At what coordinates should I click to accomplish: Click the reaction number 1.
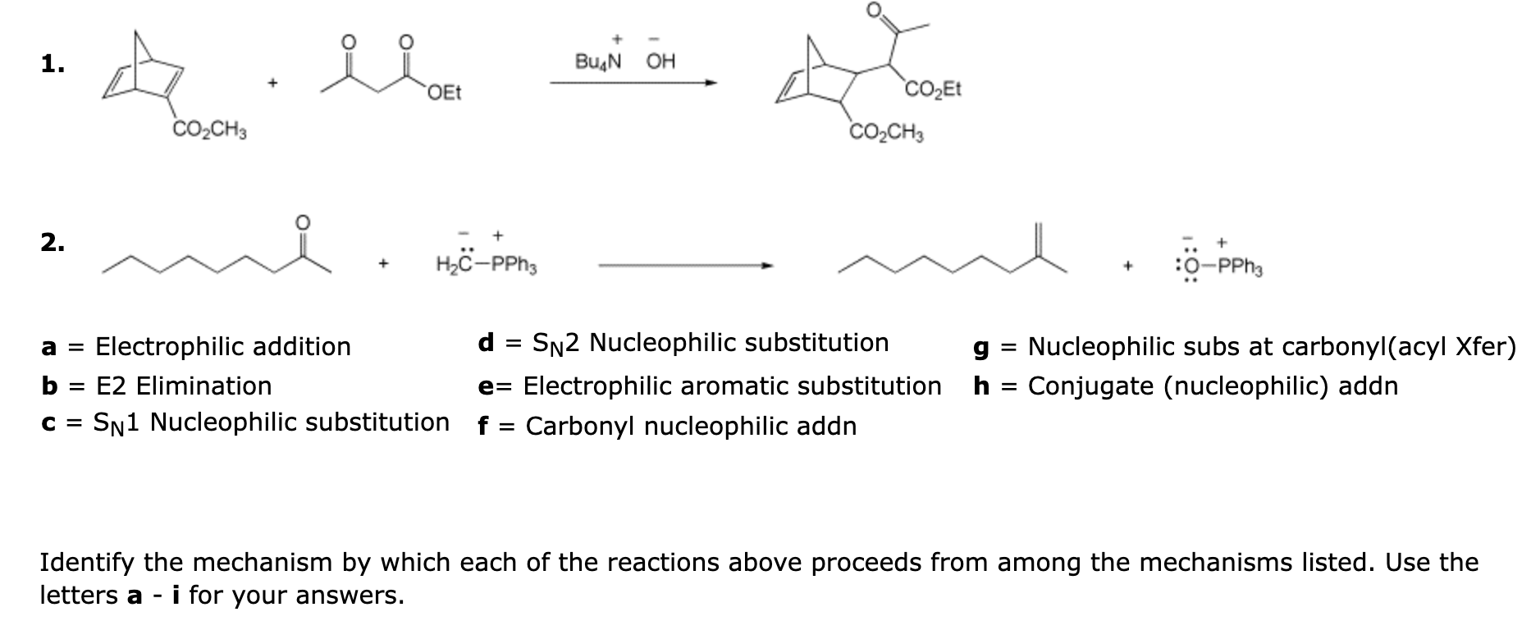53,65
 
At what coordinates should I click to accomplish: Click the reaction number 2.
53,244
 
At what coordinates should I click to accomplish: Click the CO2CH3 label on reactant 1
209,130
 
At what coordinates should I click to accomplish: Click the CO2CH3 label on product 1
886,131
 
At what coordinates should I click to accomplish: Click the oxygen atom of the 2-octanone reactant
303,221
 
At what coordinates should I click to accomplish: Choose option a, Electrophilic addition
197,347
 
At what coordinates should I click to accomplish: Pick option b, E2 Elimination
157,386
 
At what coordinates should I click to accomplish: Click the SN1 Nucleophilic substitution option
245,422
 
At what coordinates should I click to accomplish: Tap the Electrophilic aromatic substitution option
710,386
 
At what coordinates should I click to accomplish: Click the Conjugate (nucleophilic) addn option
1186,386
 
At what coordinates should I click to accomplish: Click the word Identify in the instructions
88,563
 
